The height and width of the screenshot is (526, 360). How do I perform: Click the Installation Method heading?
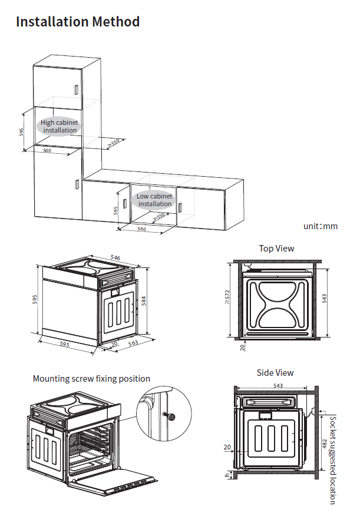coord(78,22)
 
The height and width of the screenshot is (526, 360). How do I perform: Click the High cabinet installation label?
coord(60,126)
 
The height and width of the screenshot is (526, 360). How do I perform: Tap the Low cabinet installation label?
coord(155,200)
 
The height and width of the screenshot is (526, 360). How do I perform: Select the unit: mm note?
coord(321,226)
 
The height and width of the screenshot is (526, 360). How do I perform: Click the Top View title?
coord(276,249)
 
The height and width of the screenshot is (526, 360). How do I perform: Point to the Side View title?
coord(275,372)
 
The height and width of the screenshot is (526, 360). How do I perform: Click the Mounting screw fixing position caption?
coord(91,379)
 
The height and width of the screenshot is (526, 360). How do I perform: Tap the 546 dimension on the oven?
coord(115,258)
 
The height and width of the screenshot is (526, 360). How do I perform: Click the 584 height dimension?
coord(143,300)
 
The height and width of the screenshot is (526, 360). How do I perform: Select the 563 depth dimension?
coord(133,346)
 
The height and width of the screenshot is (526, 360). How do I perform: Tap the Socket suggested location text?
coord(333,459)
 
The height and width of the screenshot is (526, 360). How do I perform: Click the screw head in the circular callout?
coord(171,416)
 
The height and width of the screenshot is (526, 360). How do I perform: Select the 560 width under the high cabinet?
coord(47,151)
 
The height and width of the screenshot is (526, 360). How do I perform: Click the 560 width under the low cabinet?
coord(141,229)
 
